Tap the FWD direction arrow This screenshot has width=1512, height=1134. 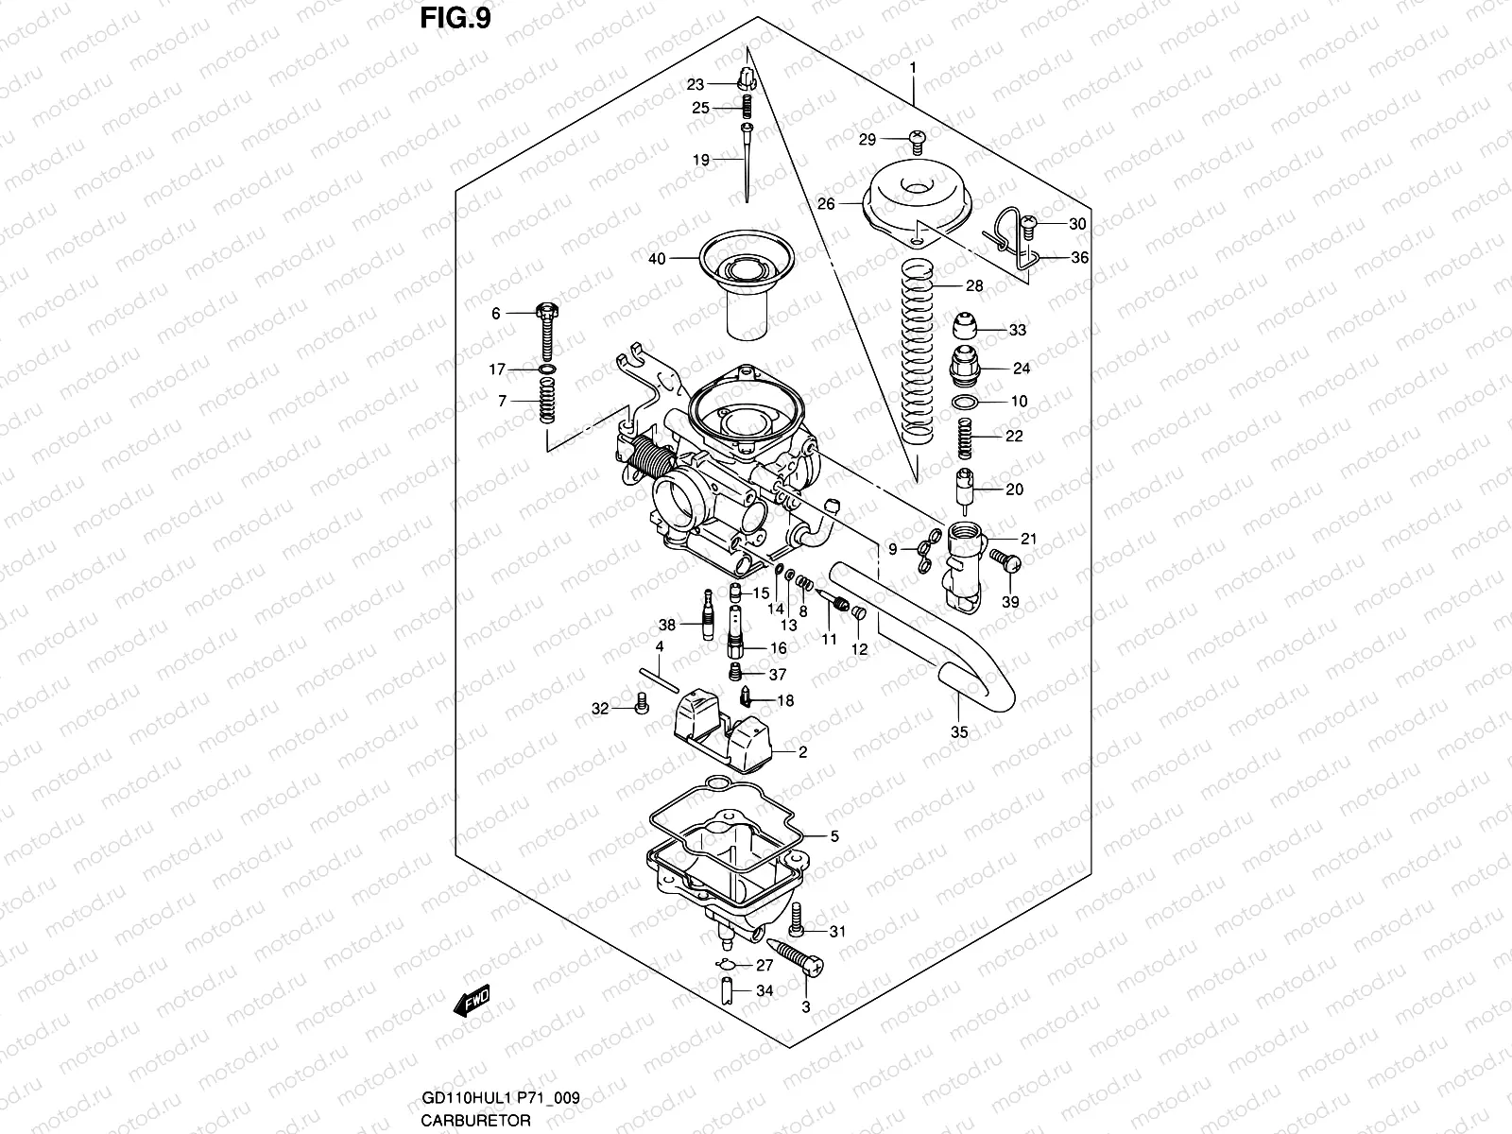[472, 1001]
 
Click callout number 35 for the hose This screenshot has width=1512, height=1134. [959, 731]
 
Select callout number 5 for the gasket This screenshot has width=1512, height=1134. [834, 836]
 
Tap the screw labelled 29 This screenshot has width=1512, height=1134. [915, 139]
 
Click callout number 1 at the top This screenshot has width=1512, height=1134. [914, 67]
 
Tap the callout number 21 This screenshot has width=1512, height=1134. [1029, 540]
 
